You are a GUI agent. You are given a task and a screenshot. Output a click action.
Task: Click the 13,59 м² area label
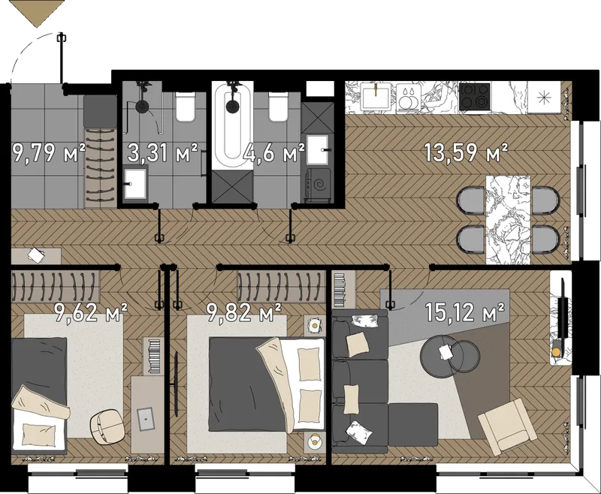(466, 152)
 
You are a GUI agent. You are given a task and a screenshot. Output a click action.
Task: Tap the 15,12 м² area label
(464, 312)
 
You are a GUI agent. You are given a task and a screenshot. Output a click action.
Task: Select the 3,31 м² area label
(162, 152)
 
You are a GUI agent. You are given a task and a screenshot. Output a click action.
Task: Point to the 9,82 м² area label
(244, 312)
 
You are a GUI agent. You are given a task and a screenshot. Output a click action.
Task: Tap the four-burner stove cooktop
(475, 96)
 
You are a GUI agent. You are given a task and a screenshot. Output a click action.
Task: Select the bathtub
(233, 125)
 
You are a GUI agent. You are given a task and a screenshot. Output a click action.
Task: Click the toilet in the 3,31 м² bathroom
(185, 107)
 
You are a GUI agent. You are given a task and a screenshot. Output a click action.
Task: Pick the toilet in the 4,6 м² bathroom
(278, 107)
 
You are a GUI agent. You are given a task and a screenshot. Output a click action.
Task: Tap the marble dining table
(508, 220)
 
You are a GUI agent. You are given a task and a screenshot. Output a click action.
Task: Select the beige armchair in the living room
(507, 426)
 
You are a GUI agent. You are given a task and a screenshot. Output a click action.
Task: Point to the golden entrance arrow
(37, 14)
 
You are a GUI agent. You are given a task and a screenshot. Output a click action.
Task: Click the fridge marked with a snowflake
(544, 98)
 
